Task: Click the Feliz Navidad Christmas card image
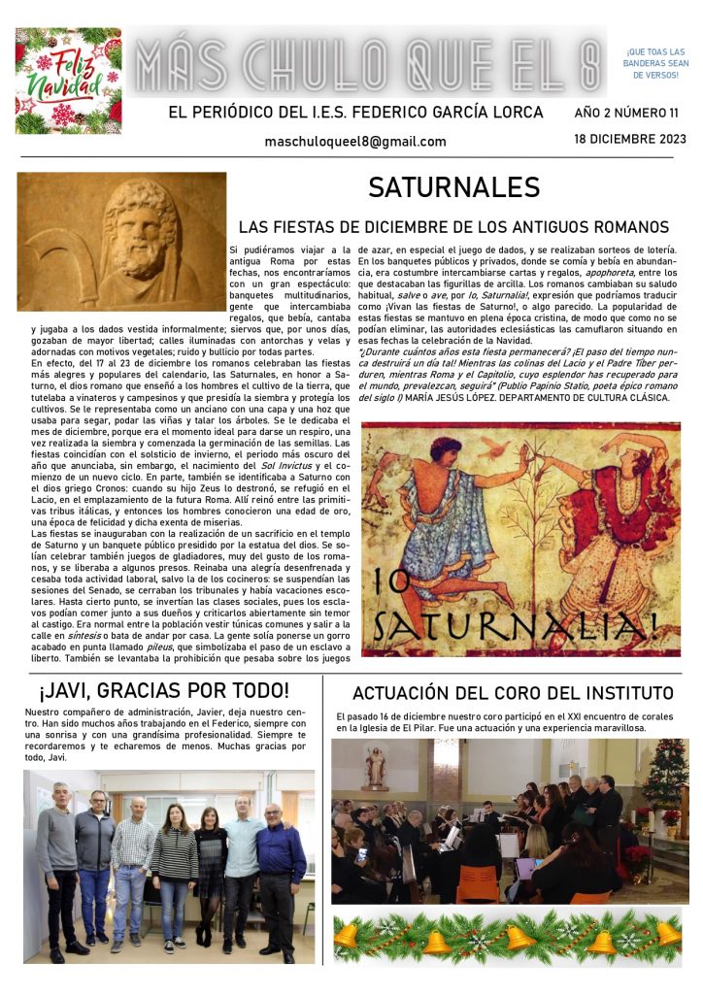tap(68, 80)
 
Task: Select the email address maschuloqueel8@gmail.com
tap(355, 142)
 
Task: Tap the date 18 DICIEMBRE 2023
tap(630, 139)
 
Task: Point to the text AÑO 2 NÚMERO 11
tap(626, 113)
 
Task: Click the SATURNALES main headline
tap(453, 187)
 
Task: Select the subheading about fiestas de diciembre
tap(453, 227)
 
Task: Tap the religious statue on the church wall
tap(375, 766)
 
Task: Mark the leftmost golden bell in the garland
tap(347, 936)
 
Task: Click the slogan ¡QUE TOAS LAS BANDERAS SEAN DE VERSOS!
tap(655, 62)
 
